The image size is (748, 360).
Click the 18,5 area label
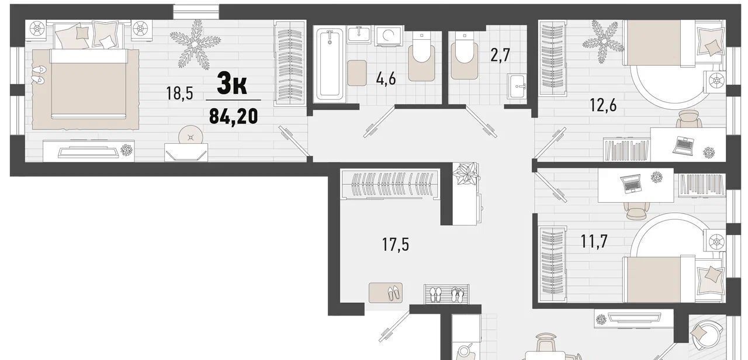(179, 93)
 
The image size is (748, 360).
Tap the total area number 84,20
(233, 116)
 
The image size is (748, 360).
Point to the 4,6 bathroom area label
(386, 79)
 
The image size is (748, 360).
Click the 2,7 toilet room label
(500, 55)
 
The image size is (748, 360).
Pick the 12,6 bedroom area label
(603, 106)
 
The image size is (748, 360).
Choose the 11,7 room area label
(594, 241)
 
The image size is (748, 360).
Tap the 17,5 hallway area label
(396, 244)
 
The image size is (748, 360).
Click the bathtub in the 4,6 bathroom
(329, 64)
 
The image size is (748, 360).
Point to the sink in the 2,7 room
(517, 86)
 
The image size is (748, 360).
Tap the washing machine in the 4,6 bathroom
(389, 36)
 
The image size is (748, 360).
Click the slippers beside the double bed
(39, 74)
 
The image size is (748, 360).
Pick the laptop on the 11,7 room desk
(631, 184)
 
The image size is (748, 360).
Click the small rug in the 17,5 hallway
(385, 293)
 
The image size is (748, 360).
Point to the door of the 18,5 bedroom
(293, 141)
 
